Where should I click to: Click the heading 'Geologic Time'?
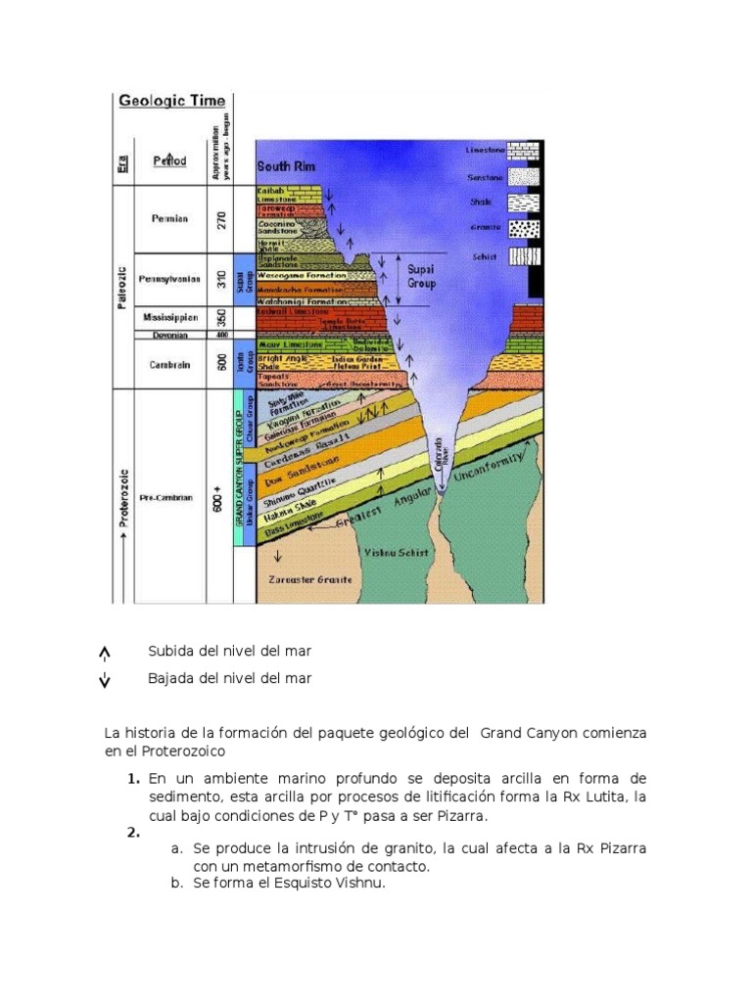point(171,100)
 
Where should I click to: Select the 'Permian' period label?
point(169,220)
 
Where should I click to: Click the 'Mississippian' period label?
point(169,318)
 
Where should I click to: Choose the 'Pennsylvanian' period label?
point(169,279)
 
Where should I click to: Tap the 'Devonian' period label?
point(169,335)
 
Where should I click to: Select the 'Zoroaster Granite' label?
point(309,579)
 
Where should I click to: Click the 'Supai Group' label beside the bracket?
point(420,276)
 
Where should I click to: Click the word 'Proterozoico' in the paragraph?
point(171,751)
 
